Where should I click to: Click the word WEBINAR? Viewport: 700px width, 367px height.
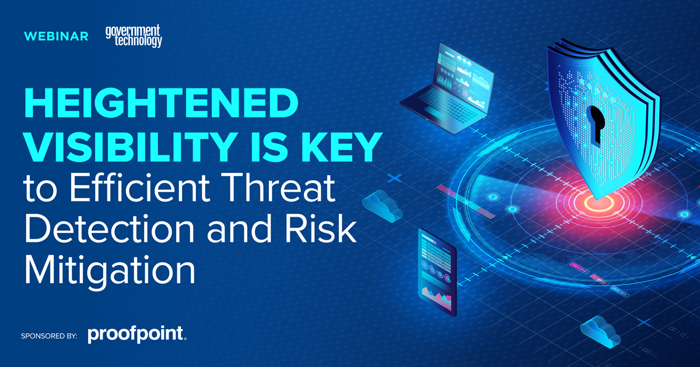click(x=56, y=37)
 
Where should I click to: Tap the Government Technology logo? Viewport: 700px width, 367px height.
click(x=134, y=36)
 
